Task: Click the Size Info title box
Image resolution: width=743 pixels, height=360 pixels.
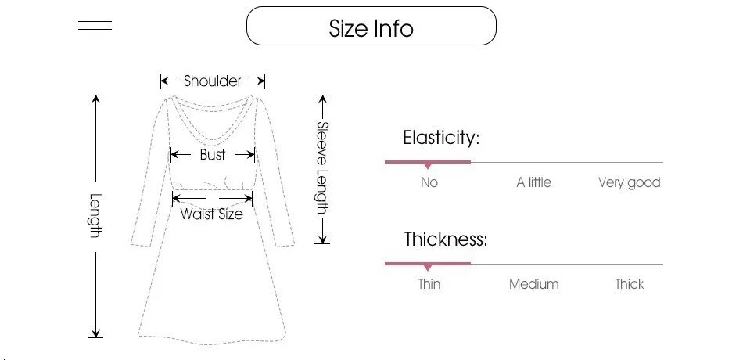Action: click(371, 26)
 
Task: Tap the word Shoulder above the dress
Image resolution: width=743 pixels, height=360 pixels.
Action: click(213, 81)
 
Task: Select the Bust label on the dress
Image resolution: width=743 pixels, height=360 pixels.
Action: click(212, 155)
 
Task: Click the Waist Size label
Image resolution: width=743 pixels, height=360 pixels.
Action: click(211, 214)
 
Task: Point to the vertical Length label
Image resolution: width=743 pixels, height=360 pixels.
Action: click(95, 216)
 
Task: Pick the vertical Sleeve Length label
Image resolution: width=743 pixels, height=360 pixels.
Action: click(322, 168)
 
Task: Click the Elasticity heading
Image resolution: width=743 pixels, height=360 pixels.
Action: click(441, 138)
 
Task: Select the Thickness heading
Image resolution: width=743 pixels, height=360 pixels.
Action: click(446, 239)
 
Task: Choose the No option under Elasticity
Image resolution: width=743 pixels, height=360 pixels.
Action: click(429, 182)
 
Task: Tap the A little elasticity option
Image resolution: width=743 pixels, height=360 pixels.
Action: click(533, 182)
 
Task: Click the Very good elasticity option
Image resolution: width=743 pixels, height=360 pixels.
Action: click(630, 182)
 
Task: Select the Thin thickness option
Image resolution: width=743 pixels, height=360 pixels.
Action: click(429, 283)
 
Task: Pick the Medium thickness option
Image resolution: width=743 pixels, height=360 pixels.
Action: click(533, 284)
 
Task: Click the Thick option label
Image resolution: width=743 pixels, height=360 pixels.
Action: click(630, 283)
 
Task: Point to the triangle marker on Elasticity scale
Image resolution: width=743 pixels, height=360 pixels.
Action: click(428, 166)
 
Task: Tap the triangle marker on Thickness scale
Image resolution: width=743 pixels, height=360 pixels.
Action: click(428, 268)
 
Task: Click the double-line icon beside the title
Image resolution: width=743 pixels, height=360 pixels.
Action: click(95, 25)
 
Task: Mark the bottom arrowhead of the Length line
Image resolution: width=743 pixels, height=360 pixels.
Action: click(95, 333)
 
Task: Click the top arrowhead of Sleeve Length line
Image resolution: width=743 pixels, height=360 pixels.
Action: click(322, 99)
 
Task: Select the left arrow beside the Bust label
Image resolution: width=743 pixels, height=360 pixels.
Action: click(180, 155)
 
